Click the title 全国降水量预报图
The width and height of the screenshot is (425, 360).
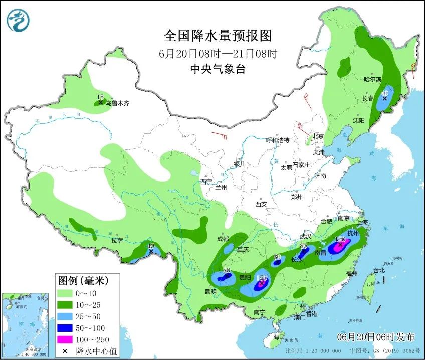218,36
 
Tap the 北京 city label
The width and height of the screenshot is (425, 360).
319,136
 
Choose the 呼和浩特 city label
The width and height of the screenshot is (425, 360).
277,140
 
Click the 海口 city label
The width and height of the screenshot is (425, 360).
279,336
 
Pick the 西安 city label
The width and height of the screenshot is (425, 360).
261,204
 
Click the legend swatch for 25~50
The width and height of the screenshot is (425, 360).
65,316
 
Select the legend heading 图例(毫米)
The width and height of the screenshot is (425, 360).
82,280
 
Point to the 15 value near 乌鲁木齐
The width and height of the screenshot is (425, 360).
100,97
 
